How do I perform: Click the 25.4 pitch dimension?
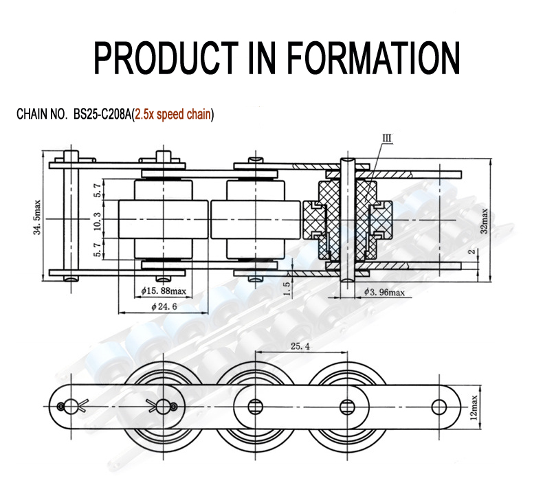(300, 347)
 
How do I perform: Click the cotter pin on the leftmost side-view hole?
(67, 406)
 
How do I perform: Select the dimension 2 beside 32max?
(471, 252)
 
